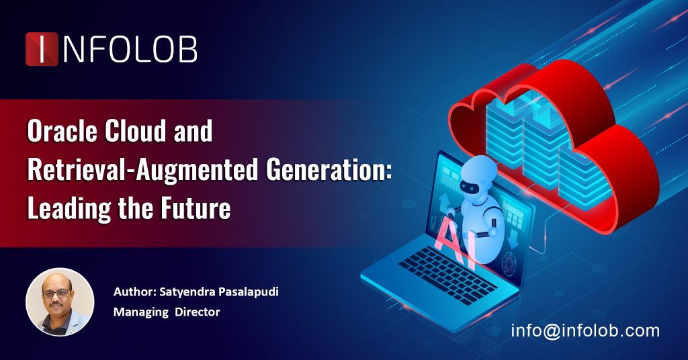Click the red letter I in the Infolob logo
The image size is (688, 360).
pyautogui.click(x=42, y=49)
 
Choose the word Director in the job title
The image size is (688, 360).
pyautogui.click(x=198, y=312)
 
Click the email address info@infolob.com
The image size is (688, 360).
pyautogui.click(x=585, y=330)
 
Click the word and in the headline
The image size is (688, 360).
pyautogui.click(x=194, y=132)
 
